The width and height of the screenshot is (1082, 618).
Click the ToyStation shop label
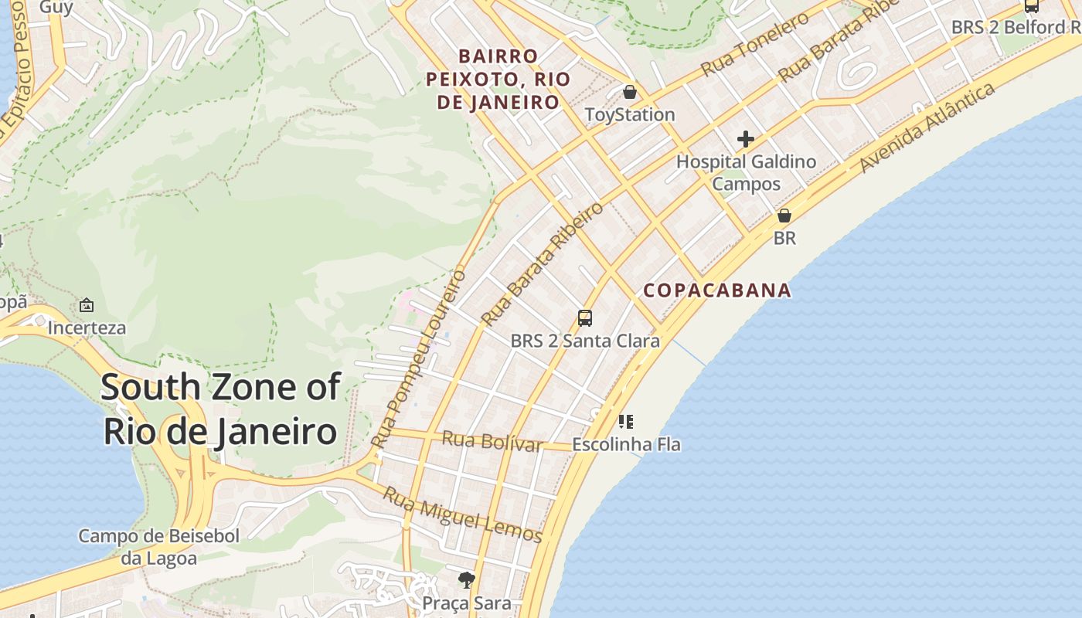[630, 115]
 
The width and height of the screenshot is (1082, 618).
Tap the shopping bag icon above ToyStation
[630, 93]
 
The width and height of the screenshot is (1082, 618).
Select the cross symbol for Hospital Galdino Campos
[746, 139]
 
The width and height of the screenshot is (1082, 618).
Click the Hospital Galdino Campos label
[746, 173]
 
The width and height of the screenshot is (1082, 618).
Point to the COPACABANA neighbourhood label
[717, 290]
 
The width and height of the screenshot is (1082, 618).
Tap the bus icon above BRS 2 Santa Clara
[585, 318]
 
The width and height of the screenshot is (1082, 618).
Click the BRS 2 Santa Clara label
[585, 341]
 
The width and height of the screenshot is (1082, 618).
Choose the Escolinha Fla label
[626, 444]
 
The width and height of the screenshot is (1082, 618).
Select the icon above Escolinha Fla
[626, 422]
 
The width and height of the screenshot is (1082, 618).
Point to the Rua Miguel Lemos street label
[462, 514]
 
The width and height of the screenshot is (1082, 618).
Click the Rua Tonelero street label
[754, 45]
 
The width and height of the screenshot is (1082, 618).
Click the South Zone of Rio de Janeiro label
[220, 409]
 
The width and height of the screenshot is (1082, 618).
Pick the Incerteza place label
[87, 328]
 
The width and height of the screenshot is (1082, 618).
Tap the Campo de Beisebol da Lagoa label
[159, 546]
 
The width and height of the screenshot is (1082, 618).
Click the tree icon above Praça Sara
[466, 580]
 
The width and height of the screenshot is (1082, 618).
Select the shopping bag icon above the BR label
[784, 216]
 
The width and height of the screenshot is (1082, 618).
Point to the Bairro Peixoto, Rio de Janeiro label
[498, 79]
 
